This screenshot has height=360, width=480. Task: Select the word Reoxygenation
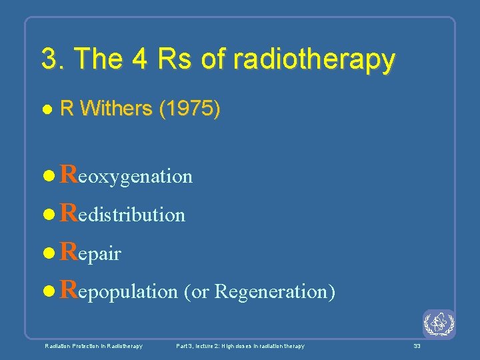tap(126, 175)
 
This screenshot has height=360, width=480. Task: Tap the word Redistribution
tap(122, 214)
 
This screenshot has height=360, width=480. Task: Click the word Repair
tap(90, 253)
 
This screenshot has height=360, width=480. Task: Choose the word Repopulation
tap(119, 291)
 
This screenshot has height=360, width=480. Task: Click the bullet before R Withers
tap(46, 109)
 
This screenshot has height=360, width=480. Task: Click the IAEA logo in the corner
tap(439, 325)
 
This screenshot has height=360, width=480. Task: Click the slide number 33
tap(417, 346)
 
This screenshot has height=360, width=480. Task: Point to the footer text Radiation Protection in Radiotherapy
tap(93, 346)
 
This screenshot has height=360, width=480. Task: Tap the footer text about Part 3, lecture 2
tap(240, 346)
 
